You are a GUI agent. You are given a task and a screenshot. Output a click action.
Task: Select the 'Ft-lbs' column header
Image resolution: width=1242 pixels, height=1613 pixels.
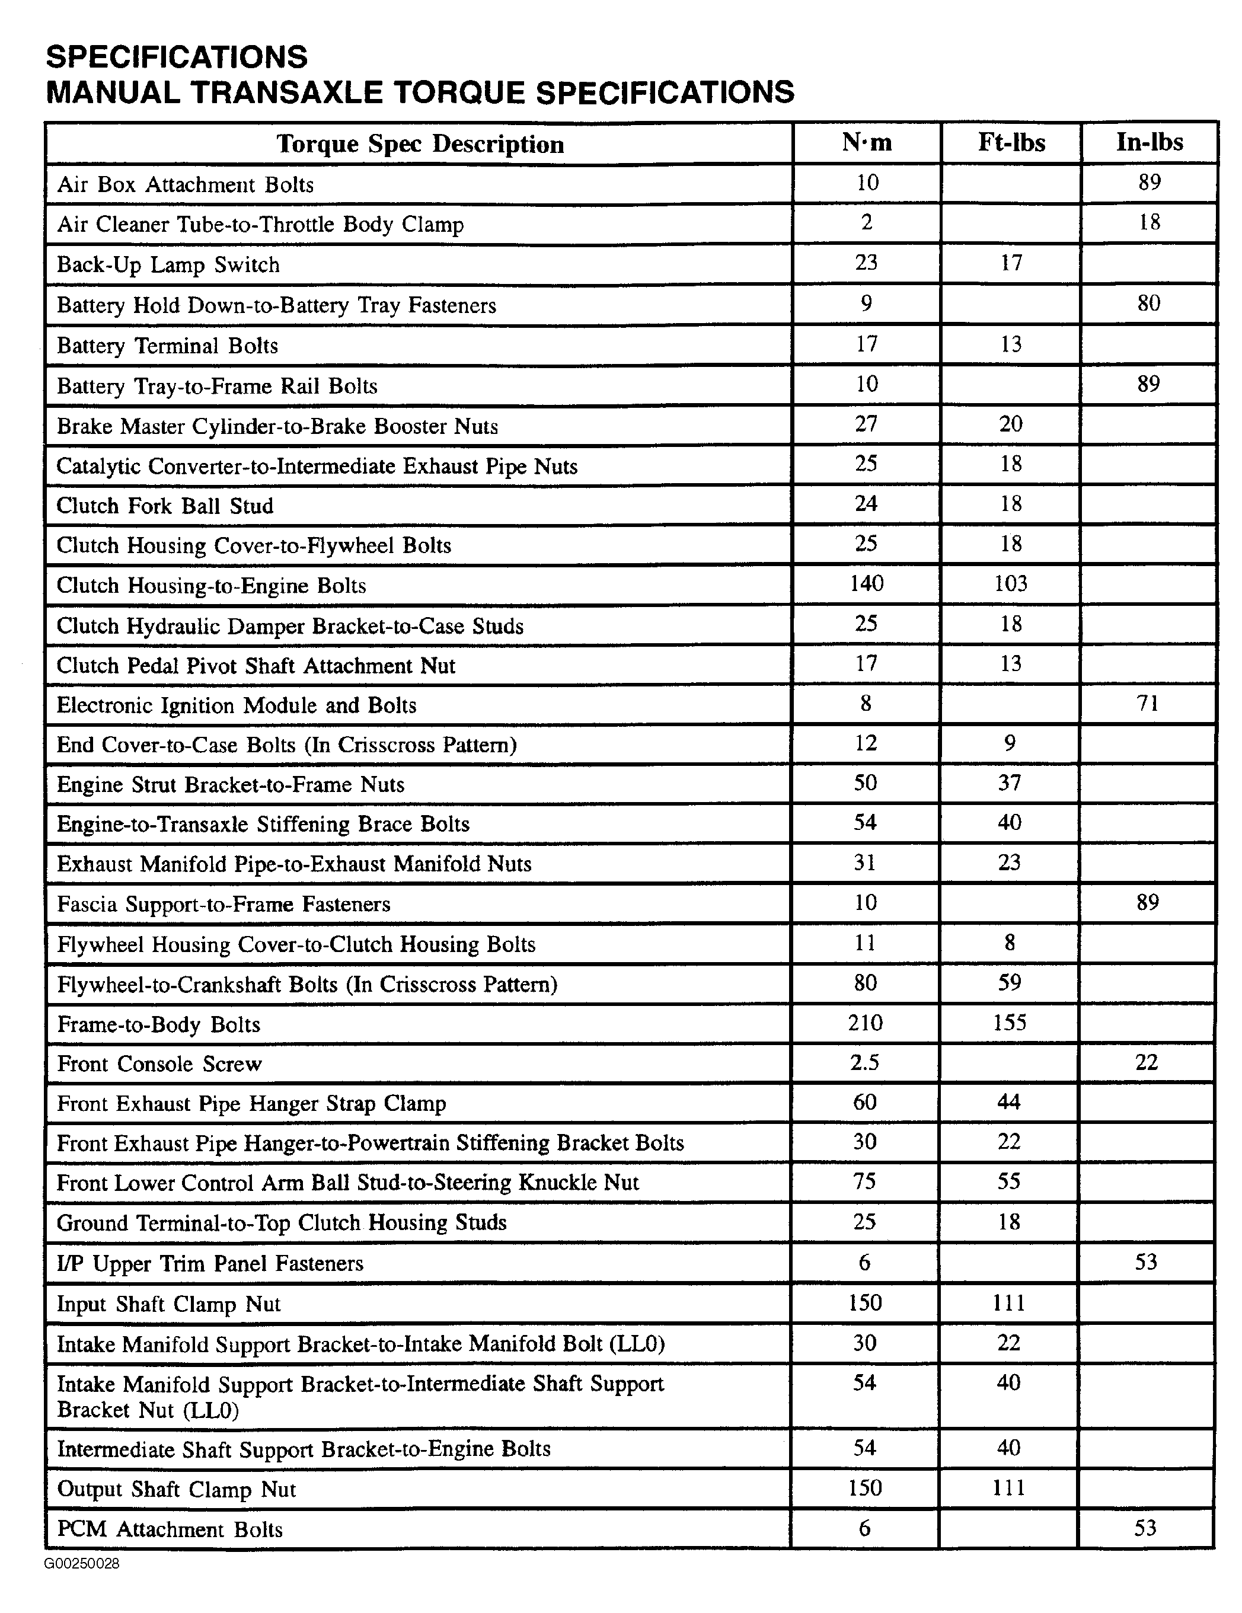[1011, 142]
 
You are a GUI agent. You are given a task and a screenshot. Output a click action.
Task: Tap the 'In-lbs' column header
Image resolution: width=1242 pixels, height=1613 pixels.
[1149, 142]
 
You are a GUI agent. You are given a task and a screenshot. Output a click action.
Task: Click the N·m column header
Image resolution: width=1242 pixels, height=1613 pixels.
[867, 142]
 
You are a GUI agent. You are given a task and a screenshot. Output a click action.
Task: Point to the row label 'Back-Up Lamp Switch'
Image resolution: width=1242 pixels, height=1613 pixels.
[168, 264]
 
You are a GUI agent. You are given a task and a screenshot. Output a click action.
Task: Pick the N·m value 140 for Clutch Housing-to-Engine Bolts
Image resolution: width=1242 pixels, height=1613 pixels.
[866, 583]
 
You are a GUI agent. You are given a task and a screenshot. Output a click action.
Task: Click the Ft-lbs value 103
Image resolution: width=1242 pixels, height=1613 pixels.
[1010, 583]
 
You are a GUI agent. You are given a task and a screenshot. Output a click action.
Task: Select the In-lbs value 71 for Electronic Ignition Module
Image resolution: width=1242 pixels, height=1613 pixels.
[1148, 703]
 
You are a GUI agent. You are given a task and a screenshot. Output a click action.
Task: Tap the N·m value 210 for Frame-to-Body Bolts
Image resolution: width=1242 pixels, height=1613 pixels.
[866, 1023]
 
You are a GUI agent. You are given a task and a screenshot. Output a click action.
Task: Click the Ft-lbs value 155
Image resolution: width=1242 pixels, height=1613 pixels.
[1010, 1023]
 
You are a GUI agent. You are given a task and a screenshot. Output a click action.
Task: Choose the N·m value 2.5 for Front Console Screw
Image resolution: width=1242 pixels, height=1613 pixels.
[865, 1063]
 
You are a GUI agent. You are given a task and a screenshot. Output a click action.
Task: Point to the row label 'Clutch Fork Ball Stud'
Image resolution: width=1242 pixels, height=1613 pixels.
[165, 506]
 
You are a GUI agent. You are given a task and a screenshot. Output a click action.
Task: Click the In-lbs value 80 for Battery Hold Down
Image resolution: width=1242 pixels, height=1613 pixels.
[1148, 303]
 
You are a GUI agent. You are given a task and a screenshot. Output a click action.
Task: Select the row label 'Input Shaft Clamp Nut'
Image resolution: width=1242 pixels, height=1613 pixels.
[168, 1304]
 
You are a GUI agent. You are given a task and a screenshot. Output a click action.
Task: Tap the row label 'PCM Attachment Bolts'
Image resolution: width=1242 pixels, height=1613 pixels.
[170, 1529]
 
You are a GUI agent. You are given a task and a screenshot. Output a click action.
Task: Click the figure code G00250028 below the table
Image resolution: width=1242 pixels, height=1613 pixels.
[82, 1564]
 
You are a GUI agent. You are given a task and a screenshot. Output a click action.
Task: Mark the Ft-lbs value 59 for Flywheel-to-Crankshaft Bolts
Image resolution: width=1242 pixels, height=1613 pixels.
[1010, 982]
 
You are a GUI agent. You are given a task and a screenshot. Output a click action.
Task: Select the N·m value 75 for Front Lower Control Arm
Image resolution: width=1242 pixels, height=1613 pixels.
[865, 1181]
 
